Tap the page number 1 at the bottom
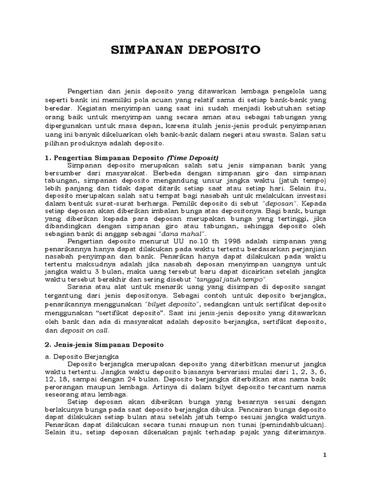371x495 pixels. (325, 455)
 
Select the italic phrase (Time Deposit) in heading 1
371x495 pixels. (193, 158)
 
